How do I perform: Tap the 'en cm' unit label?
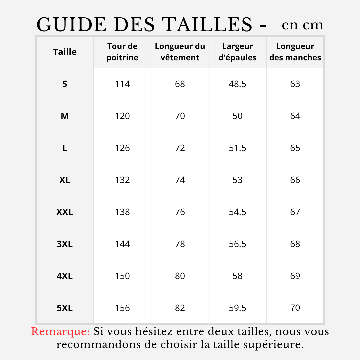pos(302,25)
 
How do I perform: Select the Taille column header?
pos(65,52)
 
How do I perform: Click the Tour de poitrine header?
pos(122,52)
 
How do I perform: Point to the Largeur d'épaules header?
pos(238,52)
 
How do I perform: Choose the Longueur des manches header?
pos(295,52)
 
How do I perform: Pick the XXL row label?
pos(65,212)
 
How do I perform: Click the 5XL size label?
pos(65,308)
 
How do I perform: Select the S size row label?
pos(65,84)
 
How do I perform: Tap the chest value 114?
pos(122,84)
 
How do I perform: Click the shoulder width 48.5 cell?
pos(238,84)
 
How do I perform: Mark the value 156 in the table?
pos(122,308)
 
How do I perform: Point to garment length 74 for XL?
pos(180,180)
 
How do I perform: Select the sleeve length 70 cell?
pos(295,308)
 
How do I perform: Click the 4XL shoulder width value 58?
pos(238,276)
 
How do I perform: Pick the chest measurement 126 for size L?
pos(122,148)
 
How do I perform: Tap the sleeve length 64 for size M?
pos(295,116)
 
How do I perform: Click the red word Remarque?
pos(60,332)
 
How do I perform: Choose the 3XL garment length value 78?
pos(180,244)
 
